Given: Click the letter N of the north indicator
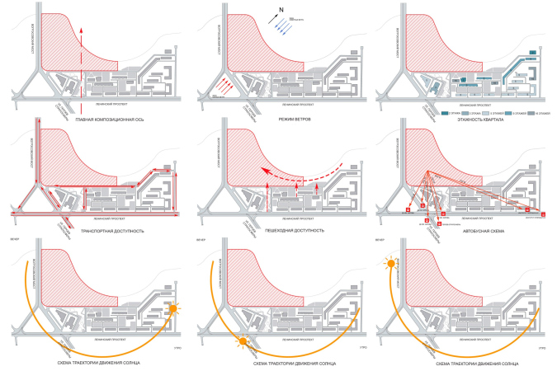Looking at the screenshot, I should click(281, 10).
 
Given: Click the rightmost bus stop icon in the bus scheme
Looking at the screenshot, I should click(544, 215).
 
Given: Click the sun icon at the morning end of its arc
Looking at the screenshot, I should click(172, 309).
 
